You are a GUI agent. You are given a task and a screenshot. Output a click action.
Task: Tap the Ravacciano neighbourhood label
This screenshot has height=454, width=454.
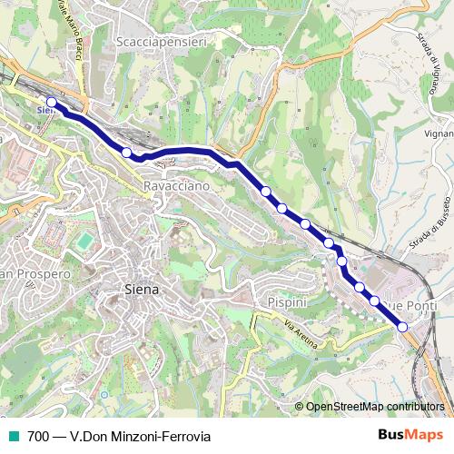pyautogui.click(x=176, y=185)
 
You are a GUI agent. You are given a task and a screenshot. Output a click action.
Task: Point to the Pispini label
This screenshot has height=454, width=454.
pyautogui.click(x=288, y=301)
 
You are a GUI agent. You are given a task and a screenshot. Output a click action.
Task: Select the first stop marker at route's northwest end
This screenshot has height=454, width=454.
pyautogui.click(x=52, y=103)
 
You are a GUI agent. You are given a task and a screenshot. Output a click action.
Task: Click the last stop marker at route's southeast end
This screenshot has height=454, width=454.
pyautogui.click(x=402, y=327)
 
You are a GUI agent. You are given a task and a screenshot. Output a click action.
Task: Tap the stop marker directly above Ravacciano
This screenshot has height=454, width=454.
pyautogui.click(x=127, y=153)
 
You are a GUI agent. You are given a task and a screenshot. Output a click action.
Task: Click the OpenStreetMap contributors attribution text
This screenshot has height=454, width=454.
pyautogui.click(x=375, y=407)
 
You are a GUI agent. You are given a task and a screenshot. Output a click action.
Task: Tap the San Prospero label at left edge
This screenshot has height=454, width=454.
pyautogui.click(x=35, y=273)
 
